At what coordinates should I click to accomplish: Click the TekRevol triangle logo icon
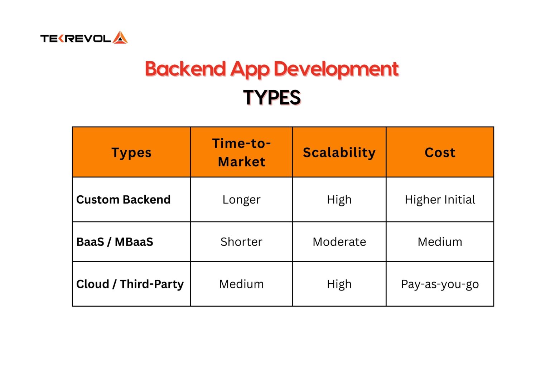coord(120,38)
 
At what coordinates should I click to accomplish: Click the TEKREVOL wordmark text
coord(76,39)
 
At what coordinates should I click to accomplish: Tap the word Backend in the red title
coord(185,69)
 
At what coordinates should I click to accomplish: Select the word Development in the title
coord(336,69)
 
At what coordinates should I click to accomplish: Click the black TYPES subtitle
coord(272,98)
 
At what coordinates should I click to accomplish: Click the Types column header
coord(131,153)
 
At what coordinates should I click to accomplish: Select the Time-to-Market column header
coord(241,153)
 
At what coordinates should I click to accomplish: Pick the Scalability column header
coord(339,153)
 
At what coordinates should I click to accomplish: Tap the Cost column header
coord(440,153)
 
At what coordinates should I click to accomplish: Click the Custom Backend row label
coord(124,200)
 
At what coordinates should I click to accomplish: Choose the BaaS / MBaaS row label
coord(115,242)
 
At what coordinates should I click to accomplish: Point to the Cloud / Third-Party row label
coord(130,284)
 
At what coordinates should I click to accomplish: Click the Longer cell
coord(241,200)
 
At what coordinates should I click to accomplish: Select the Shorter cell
coord(241,242)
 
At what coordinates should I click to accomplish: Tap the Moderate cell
coord(339,242)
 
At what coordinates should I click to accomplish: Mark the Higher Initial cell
coord(440,200)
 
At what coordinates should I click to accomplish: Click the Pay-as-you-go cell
coord(440,284)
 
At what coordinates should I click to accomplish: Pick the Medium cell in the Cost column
coord(440,242)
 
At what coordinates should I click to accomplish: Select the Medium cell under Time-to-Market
coord(241,284)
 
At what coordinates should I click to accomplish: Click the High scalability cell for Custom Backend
coord(339,200)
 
